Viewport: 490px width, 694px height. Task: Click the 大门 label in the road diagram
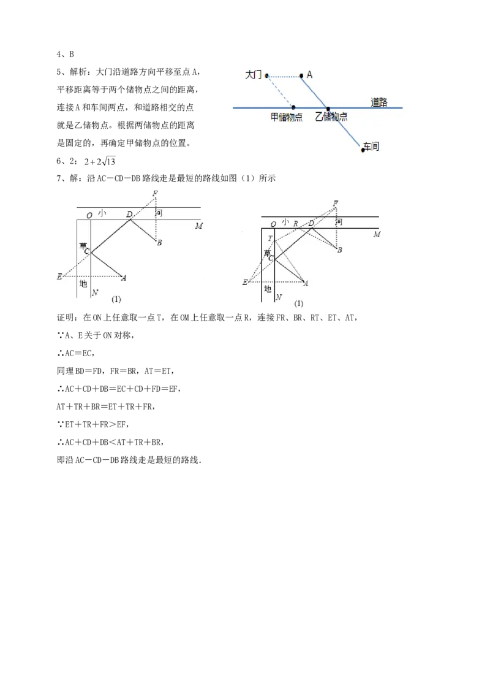253,75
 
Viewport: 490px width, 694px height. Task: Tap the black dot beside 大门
266,76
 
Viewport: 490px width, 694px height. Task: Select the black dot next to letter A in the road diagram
301,76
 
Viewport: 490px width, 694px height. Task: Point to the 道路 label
379,102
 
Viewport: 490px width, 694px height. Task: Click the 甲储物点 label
287,116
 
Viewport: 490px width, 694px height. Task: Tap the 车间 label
371,147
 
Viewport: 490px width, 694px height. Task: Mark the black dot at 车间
363,150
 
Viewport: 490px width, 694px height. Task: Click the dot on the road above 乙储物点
328,108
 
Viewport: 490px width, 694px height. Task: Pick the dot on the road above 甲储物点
293,107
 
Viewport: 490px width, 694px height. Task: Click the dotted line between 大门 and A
284,77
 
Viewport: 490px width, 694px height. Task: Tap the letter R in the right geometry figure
295,224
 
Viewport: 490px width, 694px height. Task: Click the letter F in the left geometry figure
156,194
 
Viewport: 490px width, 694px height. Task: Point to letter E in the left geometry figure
59,277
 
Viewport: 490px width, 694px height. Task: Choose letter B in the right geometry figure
339,250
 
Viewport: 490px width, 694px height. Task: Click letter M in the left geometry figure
198,226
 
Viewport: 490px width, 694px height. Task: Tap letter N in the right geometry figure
279,297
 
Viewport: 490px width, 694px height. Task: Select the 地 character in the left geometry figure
83,284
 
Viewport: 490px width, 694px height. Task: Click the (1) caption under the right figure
299,303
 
